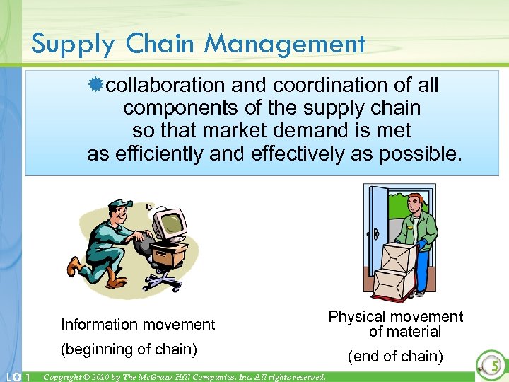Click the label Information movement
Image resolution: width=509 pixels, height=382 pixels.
pos(138,325)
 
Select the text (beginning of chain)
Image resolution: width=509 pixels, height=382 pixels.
pos(129,349)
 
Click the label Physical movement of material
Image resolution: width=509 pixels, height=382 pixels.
pos(396,324)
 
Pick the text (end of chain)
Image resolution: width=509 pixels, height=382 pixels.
pos(395,357)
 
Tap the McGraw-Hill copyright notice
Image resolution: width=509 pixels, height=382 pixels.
pos(185,376)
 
